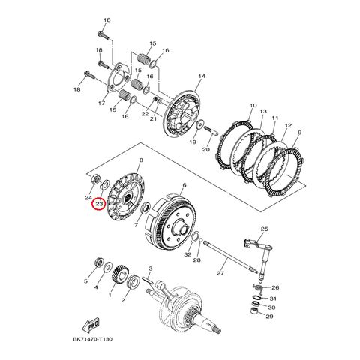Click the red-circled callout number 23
point(99,204)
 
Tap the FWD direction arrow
point(91,325)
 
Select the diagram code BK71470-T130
point(93,339)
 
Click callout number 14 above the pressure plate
point(202,76)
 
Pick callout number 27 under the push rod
point(220,273)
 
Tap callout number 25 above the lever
point(264,229)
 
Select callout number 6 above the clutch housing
point(184,185)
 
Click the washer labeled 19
point(200,124)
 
